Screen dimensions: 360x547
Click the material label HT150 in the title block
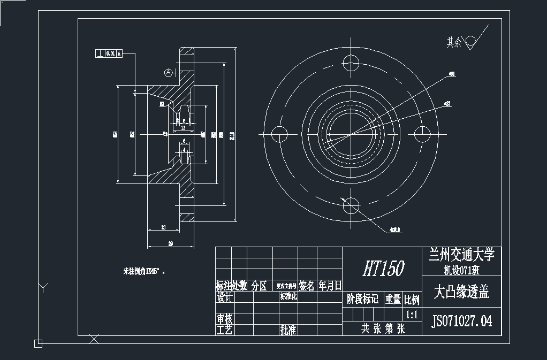pos(383,268)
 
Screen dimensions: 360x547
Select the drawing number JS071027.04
pos(462,321)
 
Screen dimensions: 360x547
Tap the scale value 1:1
pos(412,314)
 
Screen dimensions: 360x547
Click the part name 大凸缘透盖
pos(461,292)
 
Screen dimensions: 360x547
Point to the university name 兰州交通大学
pos(462,254)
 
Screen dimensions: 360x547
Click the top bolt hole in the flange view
pos(351,62)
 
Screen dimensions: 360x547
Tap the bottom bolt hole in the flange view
pos(351,205)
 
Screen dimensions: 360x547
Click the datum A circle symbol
pos(168,72)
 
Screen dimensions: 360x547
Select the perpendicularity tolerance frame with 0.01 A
pos(109,53)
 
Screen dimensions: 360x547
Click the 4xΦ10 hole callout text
pos(396,231)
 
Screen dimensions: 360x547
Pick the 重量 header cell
pos(393,299)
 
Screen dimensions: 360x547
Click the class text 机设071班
pos(462,268)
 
